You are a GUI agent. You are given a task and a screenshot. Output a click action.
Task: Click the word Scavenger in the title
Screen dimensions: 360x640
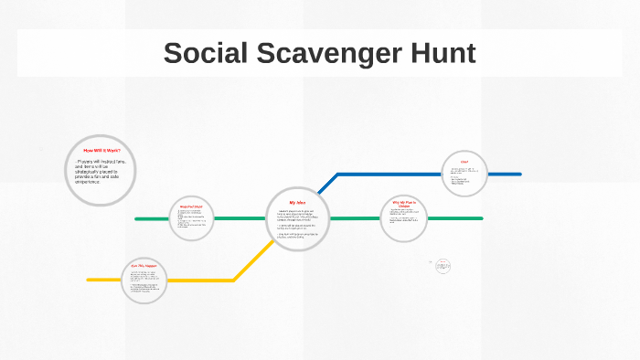327,54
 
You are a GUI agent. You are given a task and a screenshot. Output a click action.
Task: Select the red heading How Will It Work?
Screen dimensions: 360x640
101,151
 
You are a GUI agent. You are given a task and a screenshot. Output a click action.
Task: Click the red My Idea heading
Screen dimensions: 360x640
297,202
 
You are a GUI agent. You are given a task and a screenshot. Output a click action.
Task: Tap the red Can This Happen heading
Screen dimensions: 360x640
144,265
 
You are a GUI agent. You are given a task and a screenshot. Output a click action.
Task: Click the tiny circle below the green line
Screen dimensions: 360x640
443,265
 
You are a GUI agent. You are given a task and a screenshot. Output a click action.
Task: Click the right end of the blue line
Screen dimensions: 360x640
518,174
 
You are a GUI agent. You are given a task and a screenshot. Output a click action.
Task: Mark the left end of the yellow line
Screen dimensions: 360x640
90,280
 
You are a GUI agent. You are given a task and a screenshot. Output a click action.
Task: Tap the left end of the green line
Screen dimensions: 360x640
137,219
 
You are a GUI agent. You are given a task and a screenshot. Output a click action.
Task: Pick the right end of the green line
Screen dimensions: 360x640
480,218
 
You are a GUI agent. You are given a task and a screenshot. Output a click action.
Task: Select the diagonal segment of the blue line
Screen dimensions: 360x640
326,183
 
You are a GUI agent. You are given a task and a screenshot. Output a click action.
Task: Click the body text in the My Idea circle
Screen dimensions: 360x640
297,224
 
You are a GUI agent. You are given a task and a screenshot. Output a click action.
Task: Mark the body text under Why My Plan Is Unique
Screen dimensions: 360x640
403,219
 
